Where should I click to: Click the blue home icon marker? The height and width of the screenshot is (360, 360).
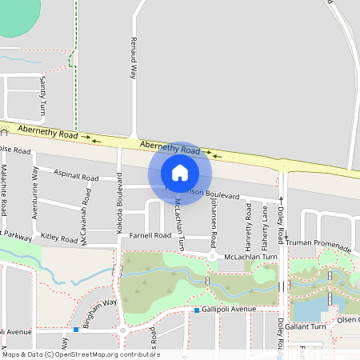(180, 173)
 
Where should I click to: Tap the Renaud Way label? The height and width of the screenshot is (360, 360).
(134, 58)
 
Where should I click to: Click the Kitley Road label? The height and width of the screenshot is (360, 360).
(59, 238)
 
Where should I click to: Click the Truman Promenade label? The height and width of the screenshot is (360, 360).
(319, 243)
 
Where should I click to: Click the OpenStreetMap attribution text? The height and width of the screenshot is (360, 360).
(82, 354)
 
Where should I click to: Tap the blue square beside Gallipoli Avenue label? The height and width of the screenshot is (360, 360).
(196, 310)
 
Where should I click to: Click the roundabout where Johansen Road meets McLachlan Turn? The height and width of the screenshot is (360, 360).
(212, 256)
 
